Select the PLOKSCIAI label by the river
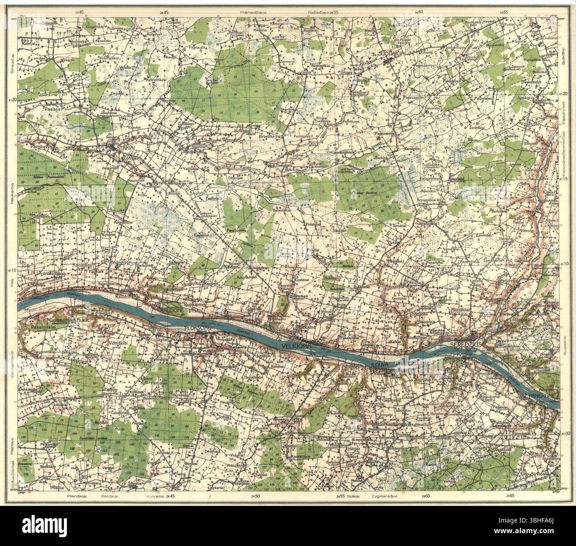pyautogui.click(x=197, y=328)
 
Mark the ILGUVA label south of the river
pyautogui.click(x=379, y=365)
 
